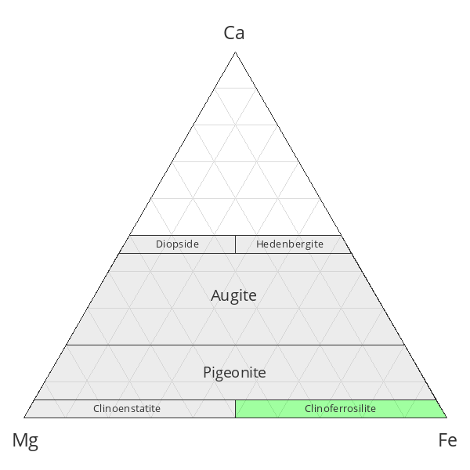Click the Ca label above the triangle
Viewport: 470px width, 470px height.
pyautogui.click(x=234, y=33)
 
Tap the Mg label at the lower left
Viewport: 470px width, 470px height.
pyautogui.click(x=25, y=440)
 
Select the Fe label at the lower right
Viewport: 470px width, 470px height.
pyautogui.click(x=446, y=440)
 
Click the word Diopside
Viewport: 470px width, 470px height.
pyautogui.click(x=177, y=244)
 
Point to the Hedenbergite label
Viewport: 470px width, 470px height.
pyautogui.click(x=289, y=244)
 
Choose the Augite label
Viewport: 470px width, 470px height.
pyautogui.click(x=233, y=295)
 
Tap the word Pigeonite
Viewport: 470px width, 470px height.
pyautogui.click(x=234, y=372)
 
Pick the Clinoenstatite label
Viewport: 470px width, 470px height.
pyautogui.click(x=127, y=408)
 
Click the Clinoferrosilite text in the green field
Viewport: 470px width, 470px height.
pyautogui.click(x=340, y=408)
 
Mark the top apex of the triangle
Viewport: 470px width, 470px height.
pyautogui.click(x=235, y=52)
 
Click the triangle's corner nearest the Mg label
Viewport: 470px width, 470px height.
pyautogui.click(x=24, y=418)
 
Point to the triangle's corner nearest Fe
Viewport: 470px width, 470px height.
pyautogui.click(x=446, y=418)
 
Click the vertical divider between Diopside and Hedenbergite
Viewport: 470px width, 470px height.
pyautogui.click(x=235, y=244)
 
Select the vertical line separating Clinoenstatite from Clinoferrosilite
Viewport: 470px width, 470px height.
pyautogui.click(x=235, y=409)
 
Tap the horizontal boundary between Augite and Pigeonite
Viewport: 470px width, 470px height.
pyautogui.click(x=235, y=345)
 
